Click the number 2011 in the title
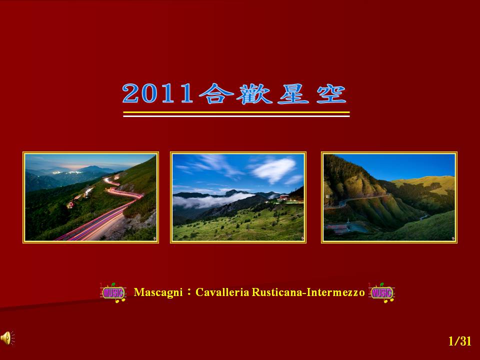pyautogui.click(x=157, y=93)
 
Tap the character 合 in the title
pyautogui.click(x=216, y=93)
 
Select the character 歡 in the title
pyautogui.click(x=254, y=93)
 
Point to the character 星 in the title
pyautogui.click(x=293, y=93)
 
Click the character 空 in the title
pyautogui.click(x=331, y=93)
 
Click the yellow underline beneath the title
pyautogui.click(x=236, y=112)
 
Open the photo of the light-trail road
pyautogui.click(x=90, y=197)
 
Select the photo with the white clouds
pyautogui.click(x=238, y=197)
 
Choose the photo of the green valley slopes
pyautogui.click(x=389, y=197)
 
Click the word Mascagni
pyautogui.click(x=158, y=292)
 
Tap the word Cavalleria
pyautogui.click(x=222, y=292)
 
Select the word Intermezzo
pyautogui.click(x=335, y=292)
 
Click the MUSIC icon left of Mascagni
pyautogui.click(x=113, y=292)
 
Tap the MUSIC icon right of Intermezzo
pyautogui.click(x=381, y=292)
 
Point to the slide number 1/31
pyautogui.click(x=459, y=341)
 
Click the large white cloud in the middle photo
pyautogui.click(x=273, y=169)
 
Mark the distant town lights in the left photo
pyautogui.click(x=67, y=172)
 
